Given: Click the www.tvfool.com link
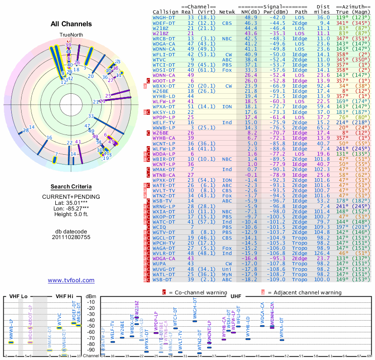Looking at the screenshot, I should coord(71,280).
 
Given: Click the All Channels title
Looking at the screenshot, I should coord(71,24).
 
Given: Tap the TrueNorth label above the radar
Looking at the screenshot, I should coord(71,35).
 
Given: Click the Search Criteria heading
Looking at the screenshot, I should coord(71,187).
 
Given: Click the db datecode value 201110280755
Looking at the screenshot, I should coord(71,237).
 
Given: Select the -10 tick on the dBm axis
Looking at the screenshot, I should coord(90,302).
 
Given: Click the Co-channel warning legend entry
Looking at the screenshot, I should coord(195,292).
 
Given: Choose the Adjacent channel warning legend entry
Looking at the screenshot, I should coord(301,292).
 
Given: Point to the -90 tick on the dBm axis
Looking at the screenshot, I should coord(90,350).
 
